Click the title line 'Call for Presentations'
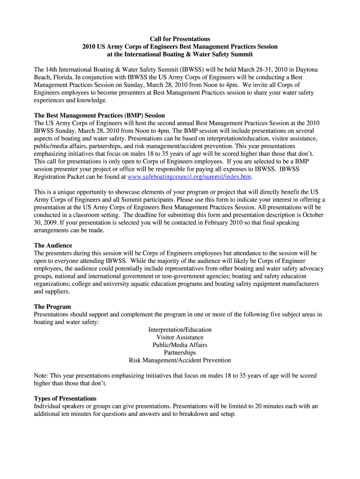(x=180, y=39)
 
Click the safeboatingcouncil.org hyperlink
(x=189, y=177)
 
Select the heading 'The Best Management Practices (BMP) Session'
(x=100, y=115)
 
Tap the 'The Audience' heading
(x=53, y=246)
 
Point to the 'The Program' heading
(x=52, y=307)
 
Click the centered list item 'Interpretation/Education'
(x=180, y=330)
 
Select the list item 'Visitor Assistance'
(x=180, y=337)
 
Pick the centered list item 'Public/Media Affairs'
(x=180, y=345)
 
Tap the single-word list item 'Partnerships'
(x=180, y=352)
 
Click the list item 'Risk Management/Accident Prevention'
(x=180, y=360)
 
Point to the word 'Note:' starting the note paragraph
(x=41, y=376)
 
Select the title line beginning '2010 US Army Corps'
(x=180, y=47)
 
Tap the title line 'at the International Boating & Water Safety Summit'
(x=180, y=54)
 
